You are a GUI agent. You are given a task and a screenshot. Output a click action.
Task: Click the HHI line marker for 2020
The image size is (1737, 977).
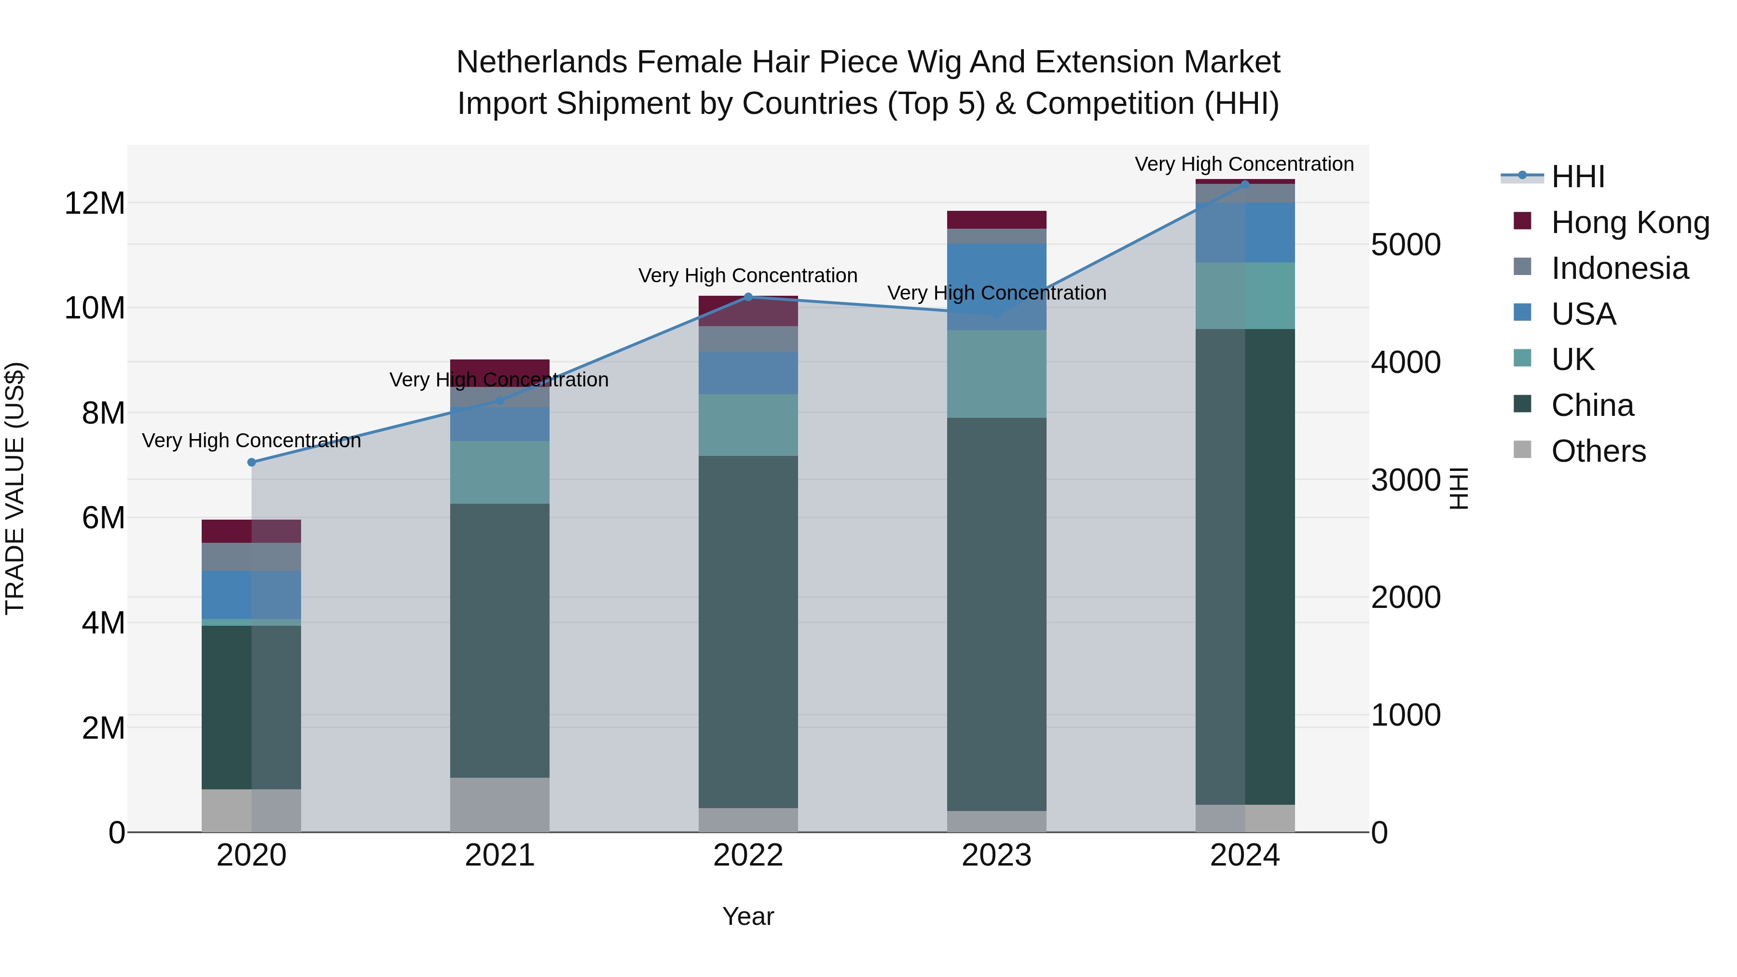251,462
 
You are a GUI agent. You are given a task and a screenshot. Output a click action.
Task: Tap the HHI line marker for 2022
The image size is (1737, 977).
748,297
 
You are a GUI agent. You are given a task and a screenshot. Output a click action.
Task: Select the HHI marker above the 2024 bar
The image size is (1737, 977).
1245,183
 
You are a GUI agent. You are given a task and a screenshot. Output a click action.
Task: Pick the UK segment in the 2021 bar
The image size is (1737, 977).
500,472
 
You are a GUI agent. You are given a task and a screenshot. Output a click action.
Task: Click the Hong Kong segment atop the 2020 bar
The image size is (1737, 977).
251,531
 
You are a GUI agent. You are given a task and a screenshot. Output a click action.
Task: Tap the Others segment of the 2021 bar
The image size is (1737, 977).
500,804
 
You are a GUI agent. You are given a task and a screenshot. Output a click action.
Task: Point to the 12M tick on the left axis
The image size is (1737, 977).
95,203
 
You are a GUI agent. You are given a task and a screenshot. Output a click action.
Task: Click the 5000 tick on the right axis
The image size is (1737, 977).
1406,245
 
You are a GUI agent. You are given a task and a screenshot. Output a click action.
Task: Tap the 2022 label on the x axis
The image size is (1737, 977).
748,855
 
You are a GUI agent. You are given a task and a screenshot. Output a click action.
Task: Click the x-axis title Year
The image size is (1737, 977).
748,916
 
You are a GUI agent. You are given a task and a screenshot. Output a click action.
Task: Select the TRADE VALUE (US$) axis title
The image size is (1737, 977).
15,488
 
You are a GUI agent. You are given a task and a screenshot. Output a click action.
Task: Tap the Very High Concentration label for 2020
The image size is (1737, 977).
251,440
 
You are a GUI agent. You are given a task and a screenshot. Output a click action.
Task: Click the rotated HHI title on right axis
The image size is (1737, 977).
1459,488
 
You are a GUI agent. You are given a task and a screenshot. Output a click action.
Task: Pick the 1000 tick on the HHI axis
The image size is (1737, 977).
1406,715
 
